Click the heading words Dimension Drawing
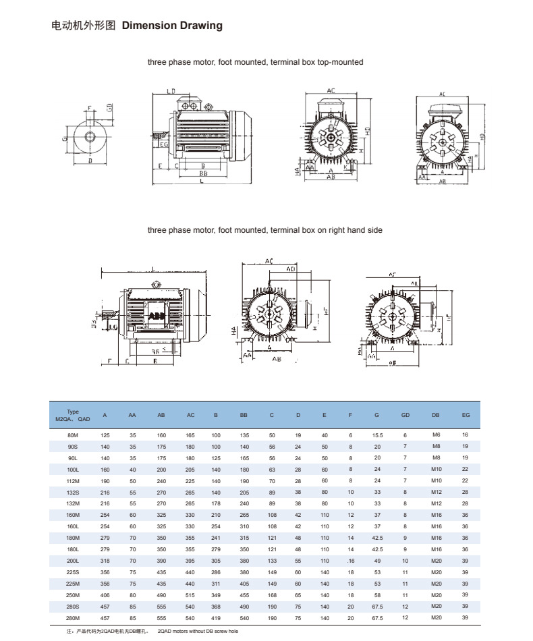coord(172,26)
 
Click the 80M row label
coord(73,435)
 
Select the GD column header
coord(405,415)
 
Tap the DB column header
coord(435,415)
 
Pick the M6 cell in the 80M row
coord(435,435)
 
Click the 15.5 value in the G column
coord(377,435)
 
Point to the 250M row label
coord(73,596)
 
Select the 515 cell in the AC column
coord(190,596)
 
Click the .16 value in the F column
coord(350,561)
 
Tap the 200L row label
coord(73,561)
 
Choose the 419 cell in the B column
coord(215,618)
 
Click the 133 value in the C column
coord(271,561)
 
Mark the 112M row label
coord(73,480)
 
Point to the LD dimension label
coord(171,91)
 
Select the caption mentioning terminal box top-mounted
coord(255,62)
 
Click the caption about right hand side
coord(264,230)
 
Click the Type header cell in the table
coord(73,415)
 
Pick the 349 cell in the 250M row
coord(215,596)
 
